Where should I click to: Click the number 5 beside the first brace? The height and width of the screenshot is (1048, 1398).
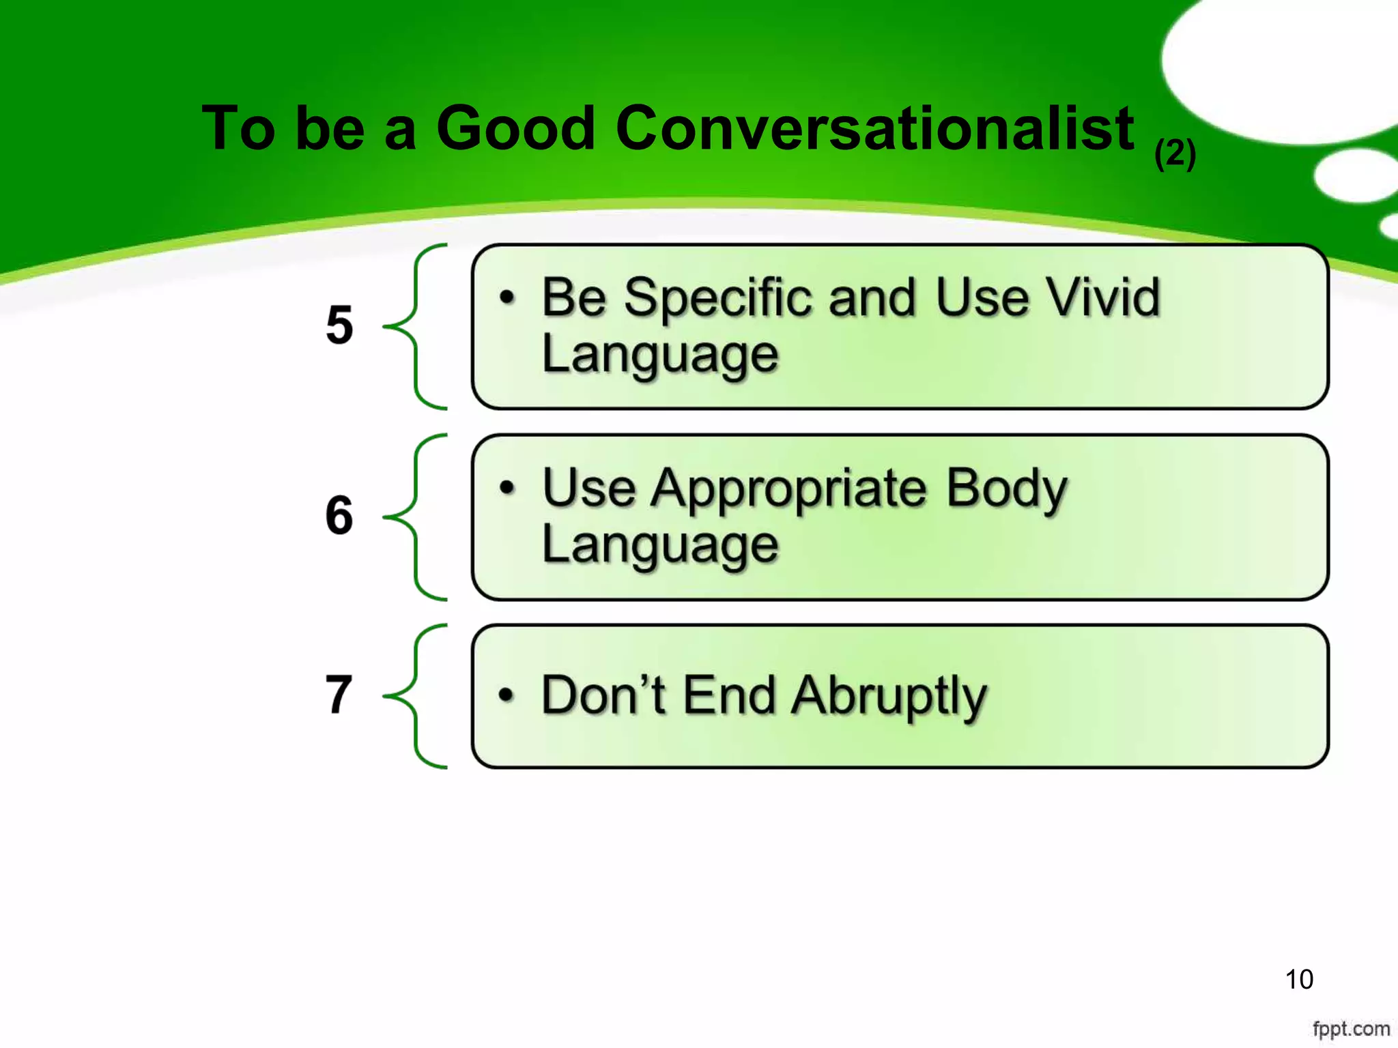pyautogui.click(x=339, y=325)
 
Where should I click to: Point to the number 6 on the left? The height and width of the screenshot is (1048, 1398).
pyautogui.click(x=339, y=515)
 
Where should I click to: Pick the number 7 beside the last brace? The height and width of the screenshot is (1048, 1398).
pyautogui.click(x=339, y=695)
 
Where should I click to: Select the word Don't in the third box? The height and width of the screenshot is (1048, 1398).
pyautogui.click(x=603, y=695)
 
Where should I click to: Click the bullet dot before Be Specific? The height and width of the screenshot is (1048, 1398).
pyautogui.click(x=506, y=297)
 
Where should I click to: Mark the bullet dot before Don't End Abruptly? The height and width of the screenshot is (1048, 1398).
pyautogui.click(x=505, y=695)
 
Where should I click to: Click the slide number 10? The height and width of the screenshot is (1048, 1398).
pyautogui.click(x=1298, y=979)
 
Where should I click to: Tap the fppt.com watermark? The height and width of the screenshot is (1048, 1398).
pyautogui.click(x=1351, y=1028)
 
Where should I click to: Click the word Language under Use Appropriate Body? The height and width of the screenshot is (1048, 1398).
pyautogui.click(x=659, y=546)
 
